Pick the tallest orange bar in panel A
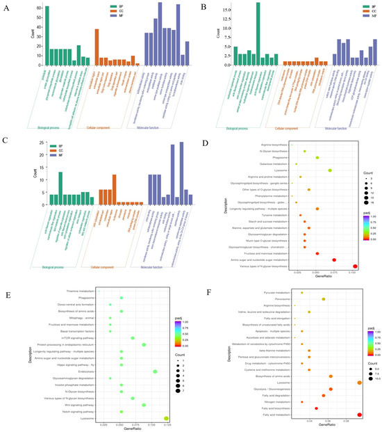[97, 49]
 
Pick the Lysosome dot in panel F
[358, 362]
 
